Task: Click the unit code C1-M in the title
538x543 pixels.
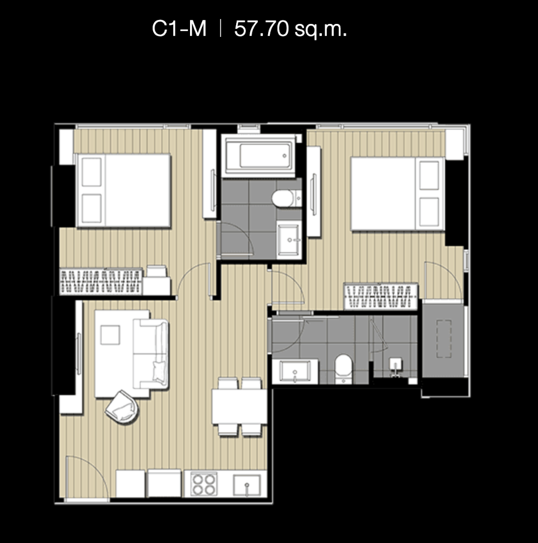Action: click(x=179, y=28)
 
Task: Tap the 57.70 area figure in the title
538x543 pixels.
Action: click(x=261, y=28)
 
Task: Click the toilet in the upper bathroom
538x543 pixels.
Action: click(x=287, y=198)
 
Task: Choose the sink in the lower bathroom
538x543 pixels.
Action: click(x=295, y=371)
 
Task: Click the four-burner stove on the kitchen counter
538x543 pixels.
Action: click(x=204, y=484)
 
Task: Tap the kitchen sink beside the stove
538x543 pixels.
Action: click(x=247, y=485)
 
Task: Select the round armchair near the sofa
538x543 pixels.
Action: click(x=122, y=407)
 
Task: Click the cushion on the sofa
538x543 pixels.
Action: click(x=160, y=371)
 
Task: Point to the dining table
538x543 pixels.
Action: click(x=239, y=406)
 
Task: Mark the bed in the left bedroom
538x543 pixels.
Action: click(x=123, y=191)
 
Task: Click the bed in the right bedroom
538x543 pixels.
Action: click(x=398, y=194)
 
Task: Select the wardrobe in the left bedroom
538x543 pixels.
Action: click(x=101, y=281)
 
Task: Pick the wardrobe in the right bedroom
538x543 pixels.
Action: click(x=381, y=296)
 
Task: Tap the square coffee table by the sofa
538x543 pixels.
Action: click(x=110, y=335)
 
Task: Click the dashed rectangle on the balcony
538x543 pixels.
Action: click(x=444, y=339)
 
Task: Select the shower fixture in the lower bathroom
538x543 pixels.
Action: click(x=396, y=367)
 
